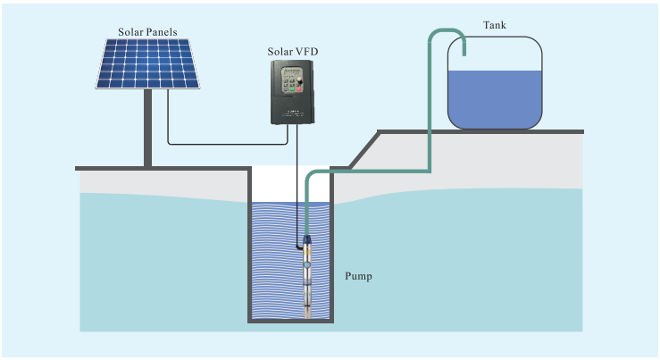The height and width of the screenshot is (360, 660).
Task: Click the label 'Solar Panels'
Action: pos(148,32)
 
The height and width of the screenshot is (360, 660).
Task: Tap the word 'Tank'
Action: pos(494,25)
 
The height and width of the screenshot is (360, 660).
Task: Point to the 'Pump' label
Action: pos(358,276)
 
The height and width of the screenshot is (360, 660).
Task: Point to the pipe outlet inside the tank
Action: pos(465,51)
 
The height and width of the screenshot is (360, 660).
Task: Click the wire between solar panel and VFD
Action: pos(223,143)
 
